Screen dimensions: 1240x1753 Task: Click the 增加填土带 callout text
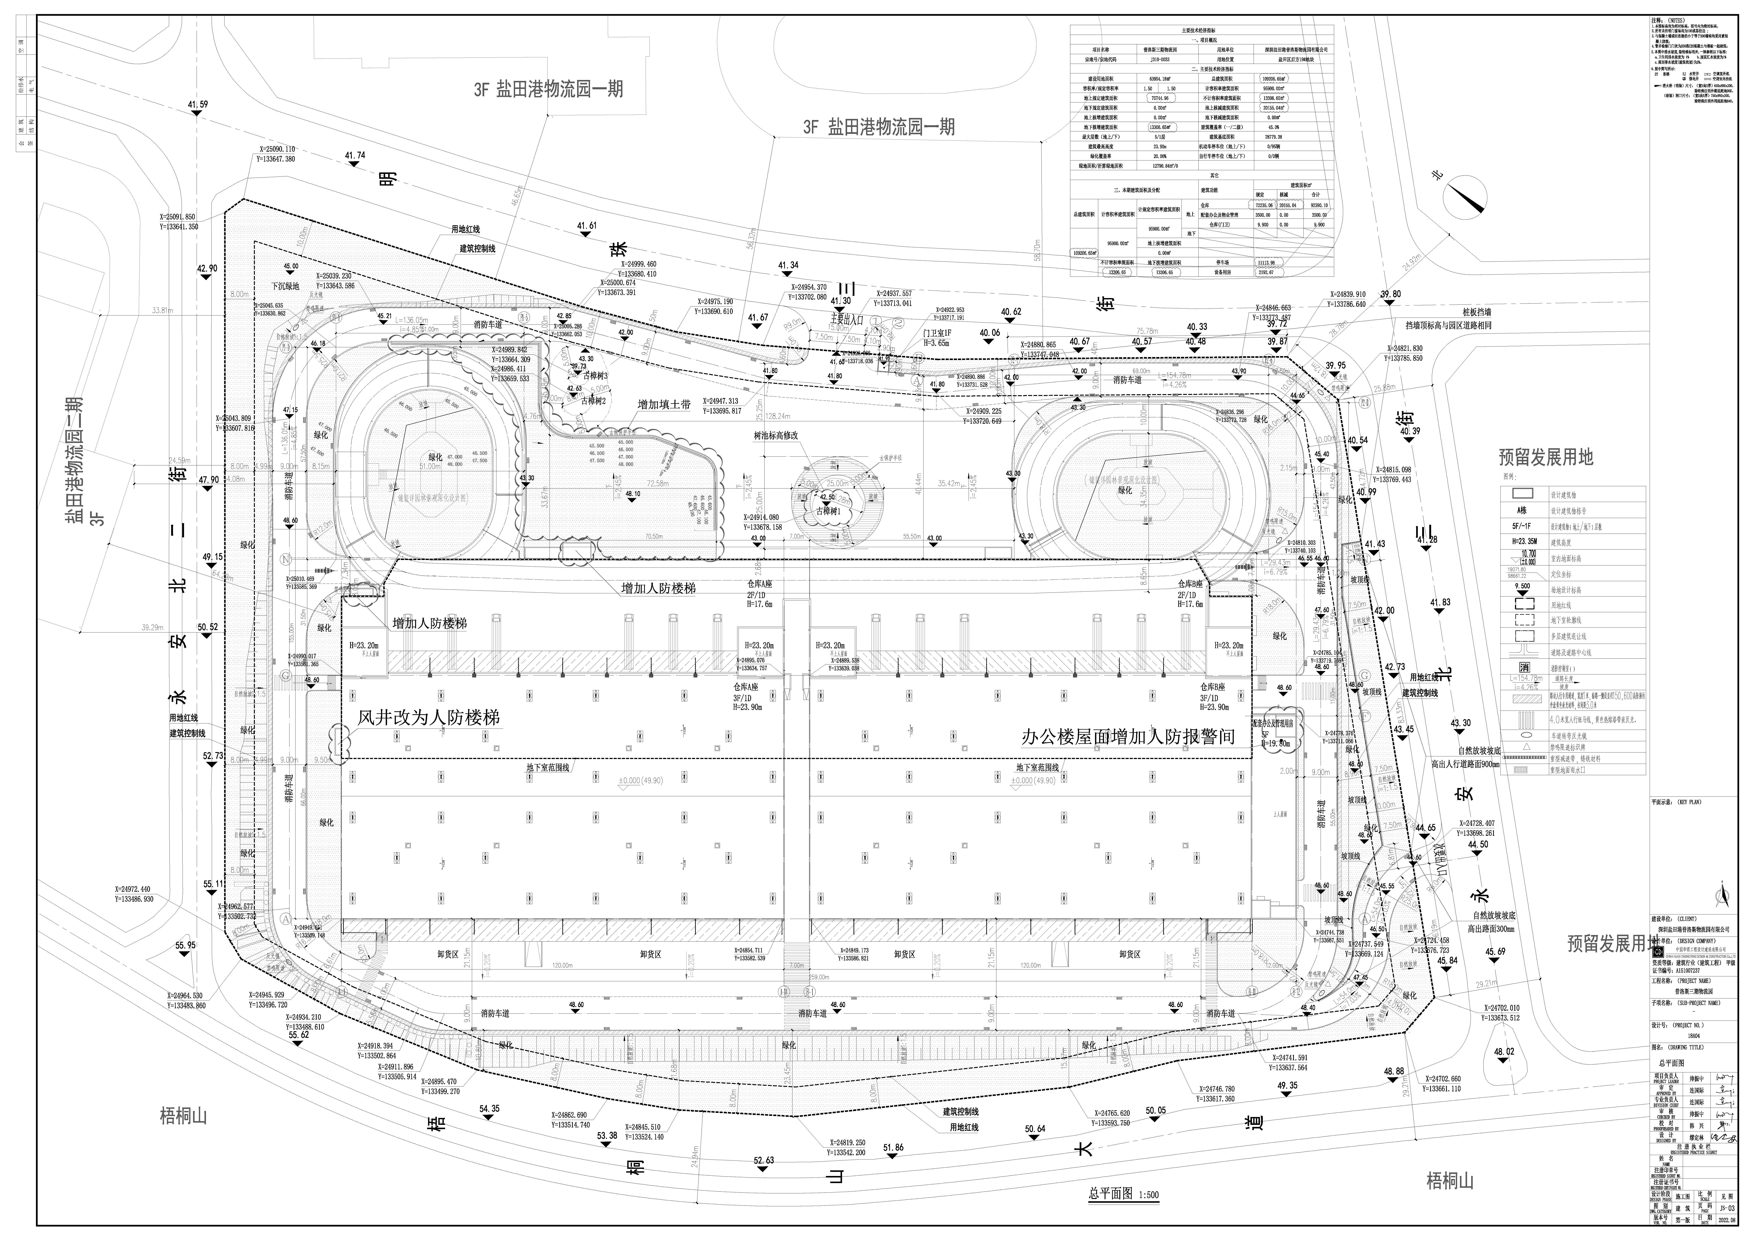click(x=664, y=404)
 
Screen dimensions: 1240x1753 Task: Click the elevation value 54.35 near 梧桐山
click(x=489, y=1109)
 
